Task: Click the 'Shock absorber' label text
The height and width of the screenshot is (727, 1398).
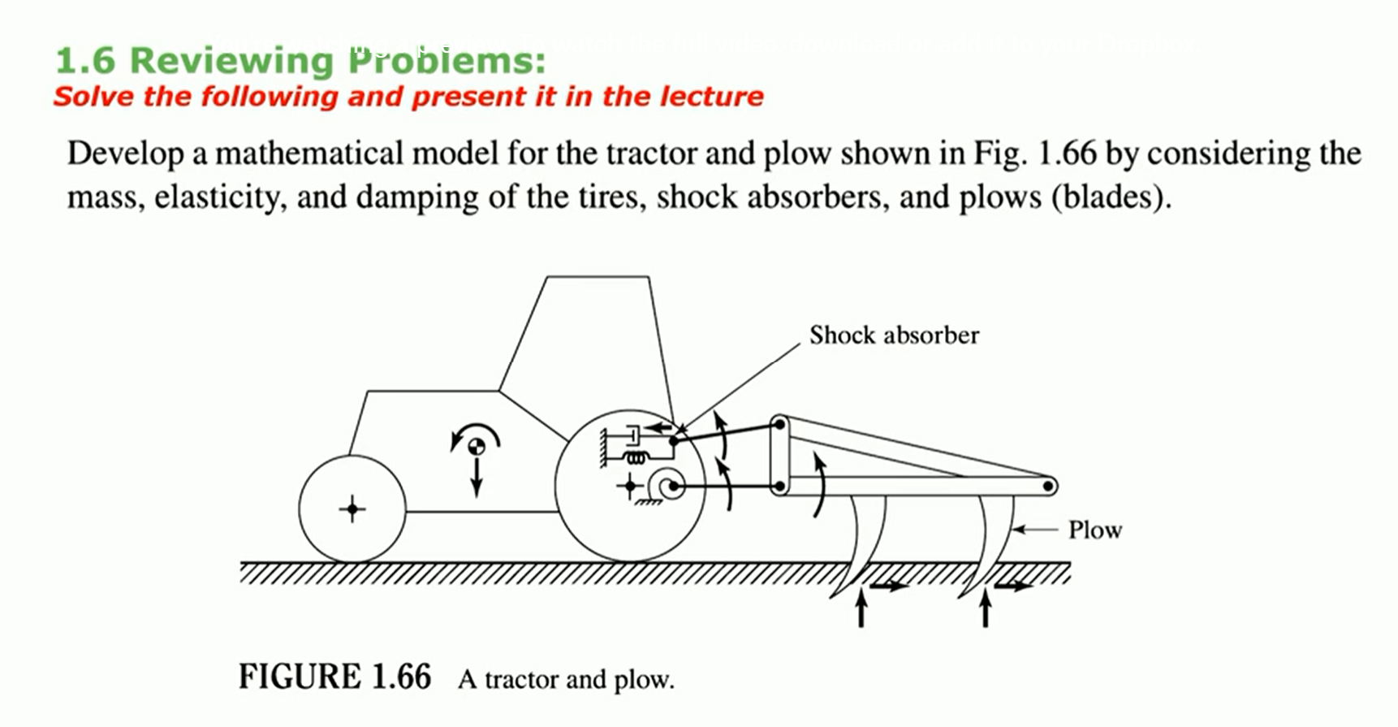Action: (894, 335)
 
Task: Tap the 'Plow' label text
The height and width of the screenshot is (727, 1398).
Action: (1094, 530)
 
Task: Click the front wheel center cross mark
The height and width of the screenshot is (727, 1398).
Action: (352, 509)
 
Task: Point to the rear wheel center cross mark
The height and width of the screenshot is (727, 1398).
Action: (630, 487)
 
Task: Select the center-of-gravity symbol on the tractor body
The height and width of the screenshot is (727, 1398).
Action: (477, 445)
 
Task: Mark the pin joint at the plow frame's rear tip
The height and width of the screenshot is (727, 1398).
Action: (1049, 487)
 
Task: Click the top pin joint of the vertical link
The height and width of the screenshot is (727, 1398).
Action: (779, 423)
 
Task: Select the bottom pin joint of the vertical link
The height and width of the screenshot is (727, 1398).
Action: (779, 487)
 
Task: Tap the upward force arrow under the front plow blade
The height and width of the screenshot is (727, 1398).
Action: (861, 608)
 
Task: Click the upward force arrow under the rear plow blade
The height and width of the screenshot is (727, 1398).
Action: (986, 608)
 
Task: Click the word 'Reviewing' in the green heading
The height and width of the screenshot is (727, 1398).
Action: (231, 60)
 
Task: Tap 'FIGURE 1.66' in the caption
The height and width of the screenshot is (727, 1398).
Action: (334, 677)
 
